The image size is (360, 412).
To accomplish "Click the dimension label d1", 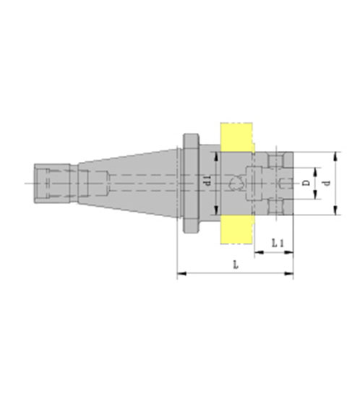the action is pos(208,181).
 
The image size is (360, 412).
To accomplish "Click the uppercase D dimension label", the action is pos(306,183).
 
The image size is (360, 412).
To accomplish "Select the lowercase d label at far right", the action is pos(327,183).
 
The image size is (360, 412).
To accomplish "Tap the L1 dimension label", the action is pos(277,244).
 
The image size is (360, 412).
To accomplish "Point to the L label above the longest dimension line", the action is pos(236,265).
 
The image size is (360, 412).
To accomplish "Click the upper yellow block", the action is pos(236,137).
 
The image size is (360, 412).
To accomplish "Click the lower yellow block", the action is pos(237,229).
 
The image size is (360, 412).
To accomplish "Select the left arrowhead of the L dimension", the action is pos(182,273).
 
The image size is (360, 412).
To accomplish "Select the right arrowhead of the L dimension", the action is pos(288,273).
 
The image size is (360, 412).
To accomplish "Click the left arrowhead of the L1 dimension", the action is pos(259,252).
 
